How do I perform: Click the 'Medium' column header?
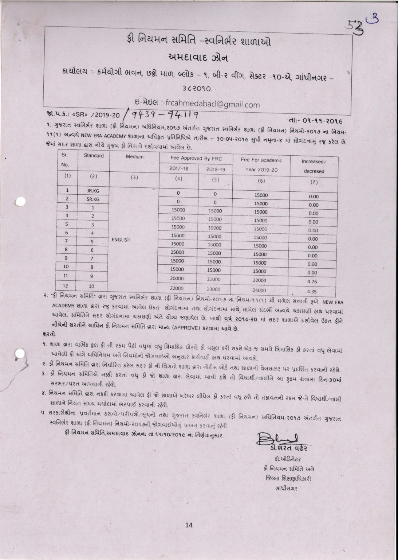click(135, 157)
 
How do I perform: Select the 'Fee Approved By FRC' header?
click(196, 158)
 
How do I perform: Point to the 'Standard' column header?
click(94, 156)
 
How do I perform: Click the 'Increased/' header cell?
click(314, 161)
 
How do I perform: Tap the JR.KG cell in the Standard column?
click(93, 191)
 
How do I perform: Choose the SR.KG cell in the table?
click(93, 199)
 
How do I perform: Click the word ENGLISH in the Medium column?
click(121, 240)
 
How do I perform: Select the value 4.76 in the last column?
click(312, 282)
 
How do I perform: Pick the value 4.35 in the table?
click(312, 292)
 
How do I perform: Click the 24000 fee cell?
click(260, 291)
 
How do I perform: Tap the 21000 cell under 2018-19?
click(214, 279)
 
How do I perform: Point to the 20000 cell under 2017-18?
click(177, 278)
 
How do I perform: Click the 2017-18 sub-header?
click(179, 169)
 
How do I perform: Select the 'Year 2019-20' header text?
click(261, 170)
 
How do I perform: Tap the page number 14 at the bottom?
click(189, 525)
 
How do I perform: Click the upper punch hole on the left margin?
click(21, 202)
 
